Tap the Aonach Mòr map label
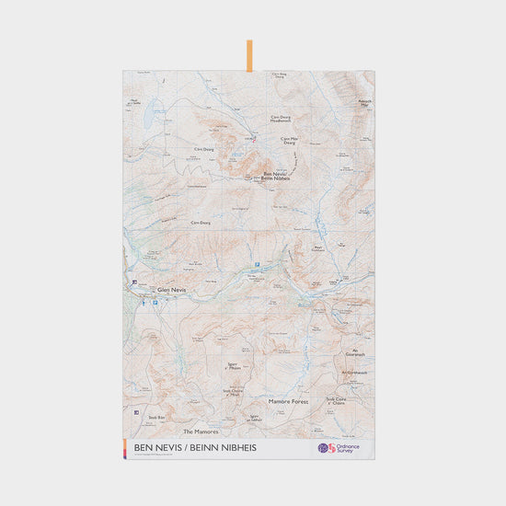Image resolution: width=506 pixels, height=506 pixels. [x=363, y=104]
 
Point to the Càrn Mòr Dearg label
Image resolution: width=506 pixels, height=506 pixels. [x=290, y=141]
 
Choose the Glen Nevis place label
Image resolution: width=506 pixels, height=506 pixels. [x=171, y=289]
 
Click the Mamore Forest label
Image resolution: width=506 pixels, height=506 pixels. [x=291, y=402]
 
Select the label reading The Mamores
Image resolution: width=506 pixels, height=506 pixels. [x=200, y=431]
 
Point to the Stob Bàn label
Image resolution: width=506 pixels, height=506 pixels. [x=155, y=418]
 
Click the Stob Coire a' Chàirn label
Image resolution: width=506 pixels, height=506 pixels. [x=336, y=401]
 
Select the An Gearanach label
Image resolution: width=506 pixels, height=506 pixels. [x=355, y=352]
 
